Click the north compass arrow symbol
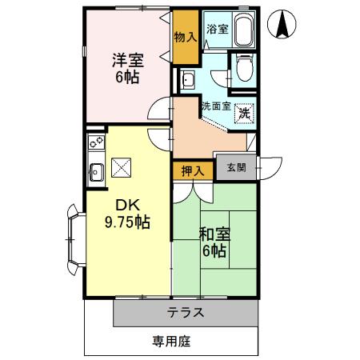click(282, 25)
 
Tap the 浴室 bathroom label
click(217, 29)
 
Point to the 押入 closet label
click(192, 170)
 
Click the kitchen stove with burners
click(96, 143)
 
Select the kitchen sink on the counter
click(96, 170)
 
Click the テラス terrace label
click(186, 312)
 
